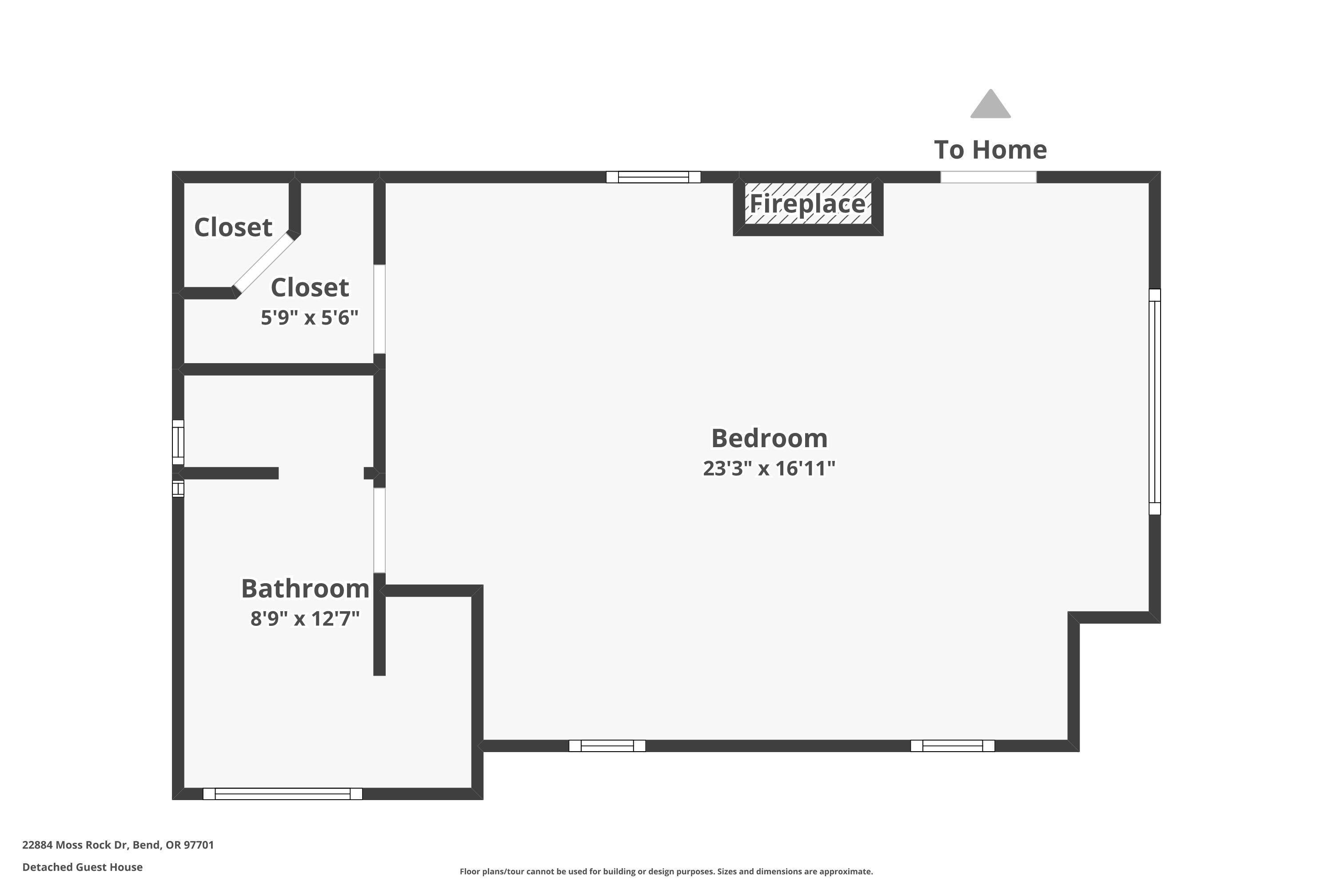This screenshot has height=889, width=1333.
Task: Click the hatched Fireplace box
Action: (808, 204)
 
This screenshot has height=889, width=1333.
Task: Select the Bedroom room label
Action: (769, 438)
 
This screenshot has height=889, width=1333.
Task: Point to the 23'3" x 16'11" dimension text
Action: (769, 469)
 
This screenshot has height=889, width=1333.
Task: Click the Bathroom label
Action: (305, 589)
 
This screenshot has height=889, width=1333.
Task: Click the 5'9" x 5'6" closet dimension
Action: (309, 317)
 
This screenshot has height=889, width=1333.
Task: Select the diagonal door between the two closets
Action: (264, 263)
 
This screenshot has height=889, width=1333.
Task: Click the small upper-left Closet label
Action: (233, 227)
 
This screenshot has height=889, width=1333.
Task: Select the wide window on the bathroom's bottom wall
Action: (282, 794)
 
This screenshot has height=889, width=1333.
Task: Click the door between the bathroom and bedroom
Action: (379, 531)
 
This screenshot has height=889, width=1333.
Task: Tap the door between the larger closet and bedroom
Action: (379, 309)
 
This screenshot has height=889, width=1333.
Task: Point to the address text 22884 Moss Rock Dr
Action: (118, 845)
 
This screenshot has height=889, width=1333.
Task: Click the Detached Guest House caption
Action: (82, 867)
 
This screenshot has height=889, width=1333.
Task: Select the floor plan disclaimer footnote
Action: (666, 871)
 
